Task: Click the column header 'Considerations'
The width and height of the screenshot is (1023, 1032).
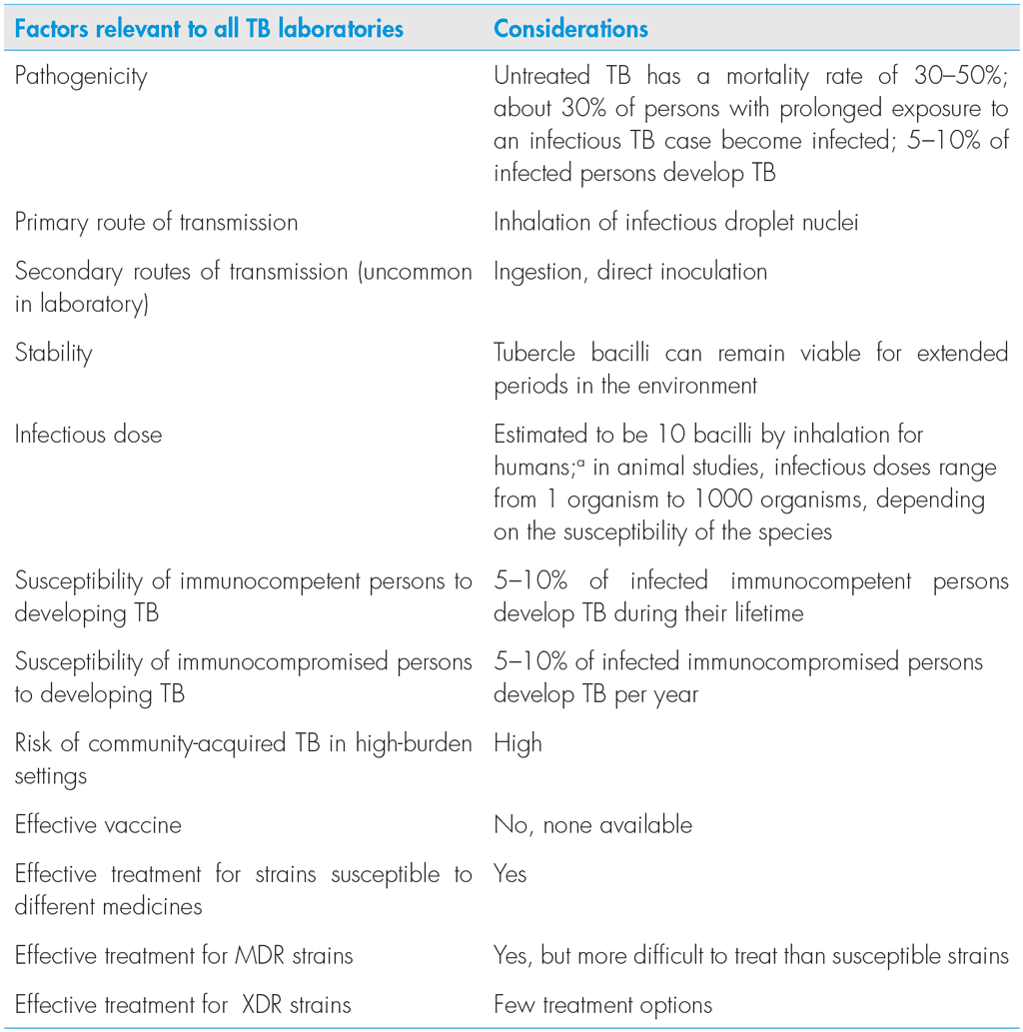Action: tap(570, 28)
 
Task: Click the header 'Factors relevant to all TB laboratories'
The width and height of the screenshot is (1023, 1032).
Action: tap(209, 28)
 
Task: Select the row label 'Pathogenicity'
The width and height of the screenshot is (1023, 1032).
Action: tap(81, 77)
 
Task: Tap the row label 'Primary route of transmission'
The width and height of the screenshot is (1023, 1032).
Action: tap(156, 222)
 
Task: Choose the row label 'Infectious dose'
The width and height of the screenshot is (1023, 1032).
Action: tap(88, 435)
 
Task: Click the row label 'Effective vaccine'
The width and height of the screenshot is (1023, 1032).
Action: tap(98, 824)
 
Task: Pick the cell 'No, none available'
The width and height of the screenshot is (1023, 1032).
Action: tap(592, 824)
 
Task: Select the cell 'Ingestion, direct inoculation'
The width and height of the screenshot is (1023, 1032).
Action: tap(630, 271)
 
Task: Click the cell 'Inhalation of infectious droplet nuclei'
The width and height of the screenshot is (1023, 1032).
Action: tap(675, 222)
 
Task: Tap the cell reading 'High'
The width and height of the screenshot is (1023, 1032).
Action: tap(517, 743)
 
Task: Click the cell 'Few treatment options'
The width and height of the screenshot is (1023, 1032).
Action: tap(602, 1004)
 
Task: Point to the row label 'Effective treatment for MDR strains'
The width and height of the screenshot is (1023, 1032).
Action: tap(184, 955)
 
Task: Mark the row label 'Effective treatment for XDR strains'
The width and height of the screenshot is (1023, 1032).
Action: tap(183, 1004)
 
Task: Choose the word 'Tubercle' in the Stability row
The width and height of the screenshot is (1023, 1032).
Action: tap(536, 353)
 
